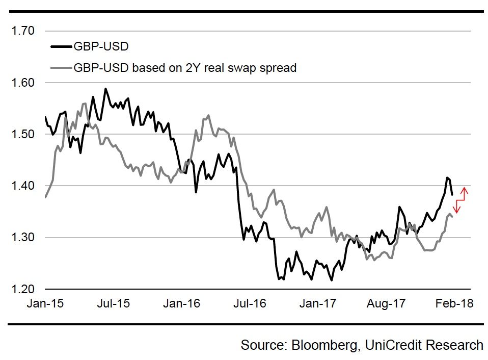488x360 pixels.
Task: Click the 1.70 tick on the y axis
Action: pos(23,31)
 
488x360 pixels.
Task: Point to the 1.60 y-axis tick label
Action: pos(23,83)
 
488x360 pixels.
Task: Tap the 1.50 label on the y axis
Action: pos(23,134)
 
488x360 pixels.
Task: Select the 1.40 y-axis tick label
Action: pos(23,186)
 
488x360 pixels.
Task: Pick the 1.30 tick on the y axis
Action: pos(23,237)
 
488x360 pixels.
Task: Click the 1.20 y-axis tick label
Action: pos(23,289)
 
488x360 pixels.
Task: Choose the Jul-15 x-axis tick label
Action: pos(113,303)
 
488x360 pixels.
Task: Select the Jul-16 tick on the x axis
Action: pos(250,303)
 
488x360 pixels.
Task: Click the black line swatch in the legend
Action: pos(61,48)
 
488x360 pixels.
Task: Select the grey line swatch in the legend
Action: pos(61,68)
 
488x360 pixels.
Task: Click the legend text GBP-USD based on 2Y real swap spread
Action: pos(185,68)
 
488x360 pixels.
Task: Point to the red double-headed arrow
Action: pos(460,200)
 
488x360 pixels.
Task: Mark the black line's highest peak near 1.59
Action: pos(105,89)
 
